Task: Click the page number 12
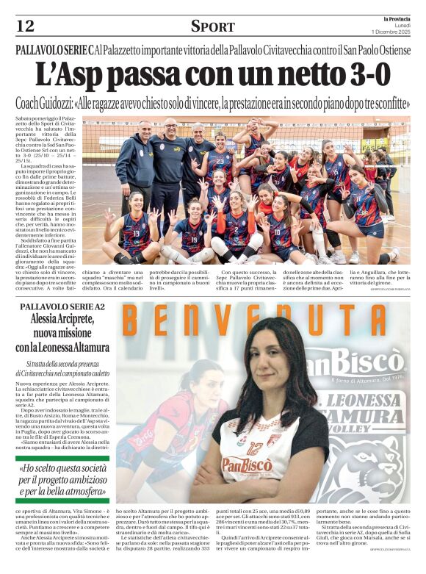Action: tap(25, 26)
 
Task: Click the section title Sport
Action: tap(212, 26)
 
